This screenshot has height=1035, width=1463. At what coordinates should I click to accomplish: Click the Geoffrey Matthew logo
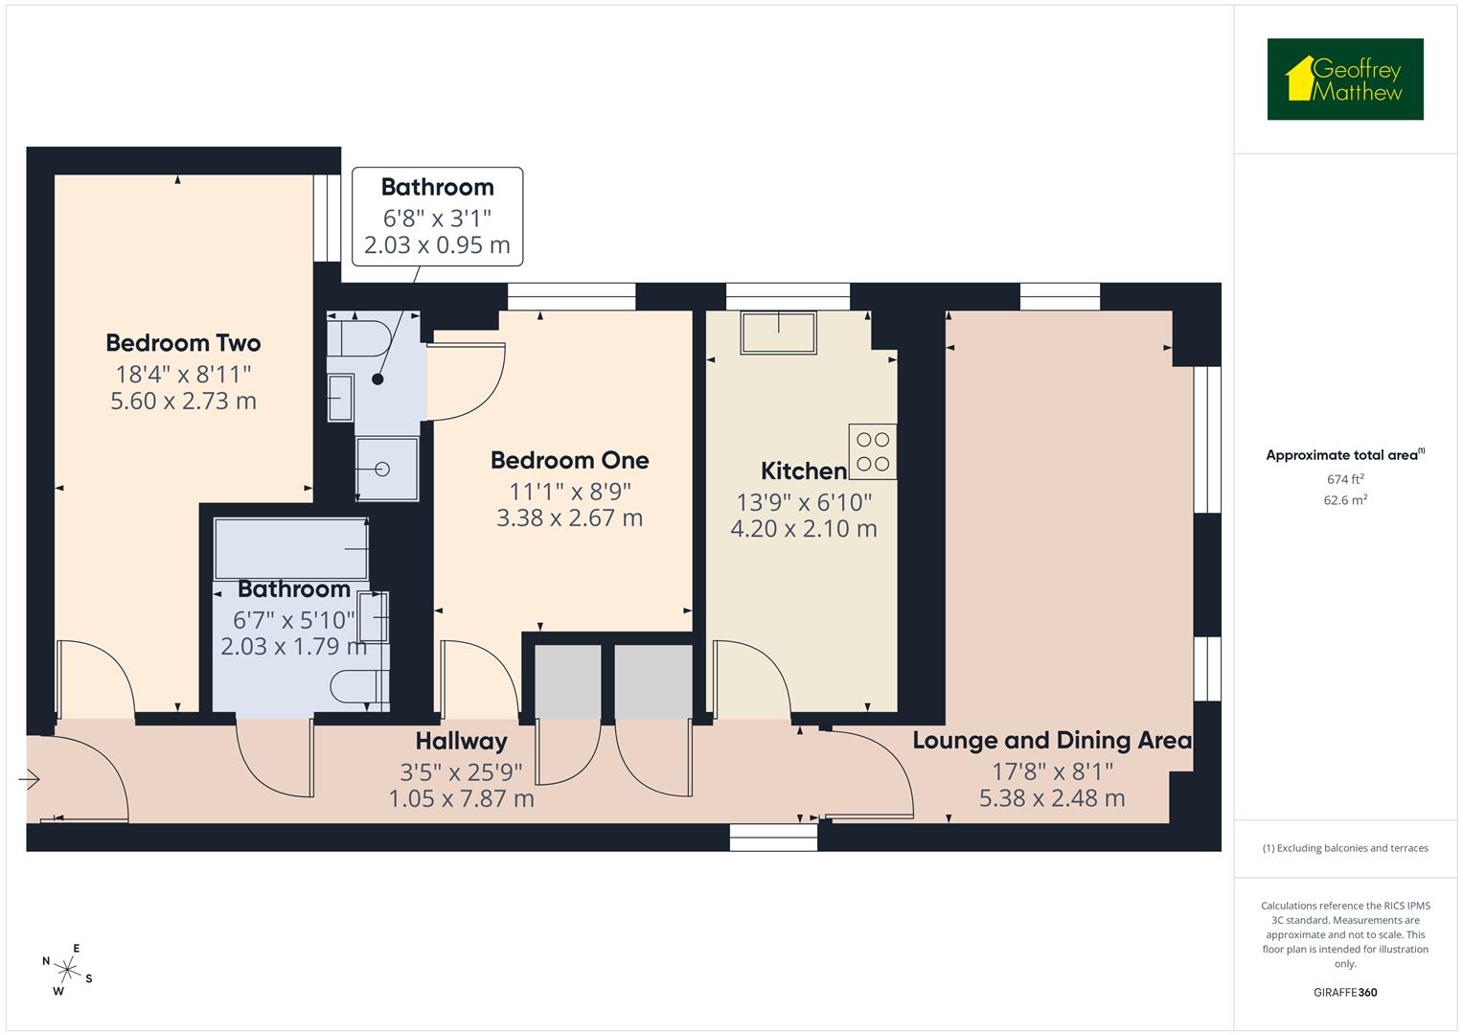[1344, 80]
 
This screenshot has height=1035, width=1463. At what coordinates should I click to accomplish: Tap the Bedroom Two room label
[183, 343]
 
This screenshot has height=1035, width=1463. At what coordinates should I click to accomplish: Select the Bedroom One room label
[569, 460]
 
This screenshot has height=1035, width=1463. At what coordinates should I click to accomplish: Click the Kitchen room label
[803, 471]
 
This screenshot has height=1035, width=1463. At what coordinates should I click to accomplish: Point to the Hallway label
[461, 741]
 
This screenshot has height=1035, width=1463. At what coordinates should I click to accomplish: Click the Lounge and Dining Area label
[1051, 740]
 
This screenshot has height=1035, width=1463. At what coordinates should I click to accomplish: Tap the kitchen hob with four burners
[872, 451]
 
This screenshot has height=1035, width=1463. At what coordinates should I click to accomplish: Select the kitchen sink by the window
[778, 333]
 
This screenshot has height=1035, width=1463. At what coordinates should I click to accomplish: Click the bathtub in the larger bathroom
[291, 548]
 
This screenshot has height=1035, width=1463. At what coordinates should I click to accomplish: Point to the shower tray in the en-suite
[387, 469]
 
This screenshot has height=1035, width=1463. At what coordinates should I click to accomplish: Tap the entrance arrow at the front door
[29, 780]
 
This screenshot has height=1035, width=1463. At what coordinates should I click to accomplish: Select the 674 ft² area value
[1344, 479]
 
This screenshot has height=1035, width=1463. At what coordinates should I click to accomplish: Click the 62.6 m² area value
[1344, 499]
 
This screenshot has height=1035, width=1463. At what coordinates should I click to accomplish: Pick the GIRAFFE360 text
[1344, 993]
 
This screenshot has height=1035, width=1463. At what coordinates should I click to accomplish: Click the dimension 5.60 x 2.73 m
[183, 401]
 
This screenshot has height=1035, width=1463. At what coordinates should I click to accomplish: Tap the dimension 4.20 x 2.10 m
[803, 529]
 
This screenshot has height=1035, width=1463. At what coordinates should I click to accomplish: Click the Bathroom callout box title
[437, 187]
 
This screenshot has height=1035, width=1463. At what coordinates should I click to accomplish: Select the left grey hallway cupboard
[567, 681]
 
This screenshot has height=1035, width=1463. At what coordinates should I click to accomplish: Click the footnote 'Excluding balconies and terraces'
[1344, 848]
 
